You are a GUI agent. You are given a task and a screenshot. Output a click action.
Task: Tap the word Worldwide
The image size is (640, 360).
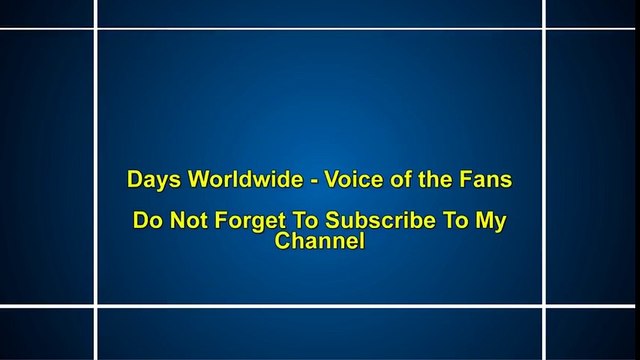tap(235, 180)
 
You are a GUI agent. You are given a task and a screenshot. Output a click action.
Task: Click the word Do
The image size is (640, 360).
tap(147, 222)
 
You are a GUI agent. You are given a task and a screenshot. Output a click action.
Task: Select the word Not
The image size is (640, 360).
tap(185, 222)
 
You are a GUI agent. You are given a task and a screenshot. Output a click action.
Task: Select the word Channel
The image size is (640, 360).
tap(319, 242)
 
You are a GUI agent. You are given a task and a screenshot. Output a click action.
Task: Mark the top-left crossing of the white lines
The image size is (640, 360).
tap(96, 29)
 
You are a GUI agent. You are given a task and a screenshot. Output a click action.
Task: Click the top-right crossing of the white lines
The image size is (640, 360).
tap(545, 29)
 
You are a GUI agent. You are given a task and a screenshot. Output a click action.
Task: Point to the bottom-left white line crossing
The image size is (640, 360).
tap(96, 305)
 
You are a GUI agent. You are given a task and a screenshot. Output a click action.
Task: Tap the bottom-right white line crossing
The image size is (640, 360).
tap(545, 305)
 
